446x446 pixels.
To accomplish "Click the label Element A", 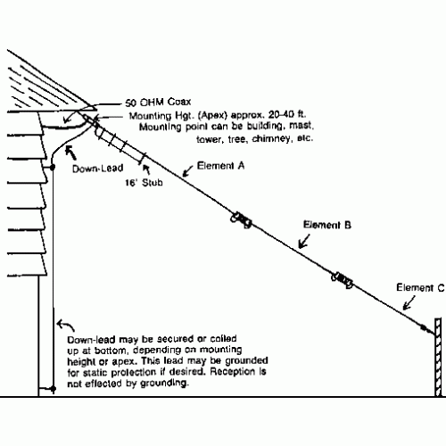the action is point(220,166).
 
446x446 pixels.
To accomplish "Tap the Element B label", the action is point(327,225).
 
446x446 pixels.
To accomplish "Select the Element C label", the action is point(420,287).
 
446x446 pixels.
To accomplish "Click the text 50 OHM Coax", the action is point(158,103).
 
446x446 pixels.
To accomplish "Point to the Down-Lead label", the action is point(98,169).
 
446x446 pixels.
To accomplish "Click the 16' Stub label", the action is point(144,182).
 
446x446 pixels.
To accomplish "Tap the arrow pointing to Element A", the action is point(188,171).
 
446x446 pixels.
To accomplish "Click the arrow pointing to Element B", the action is point(304,241).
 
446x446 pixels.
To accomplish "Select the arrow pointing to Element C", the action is point(409,303).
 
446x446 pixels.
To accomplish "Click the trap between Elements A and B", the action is point(241,220).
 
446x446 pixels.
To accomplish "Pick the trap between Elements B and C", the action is point(343,280).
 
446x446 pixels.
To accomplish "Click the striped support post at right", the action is point(438,357).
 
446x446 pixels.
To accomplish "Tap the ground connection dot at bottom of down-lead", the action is point(54,388).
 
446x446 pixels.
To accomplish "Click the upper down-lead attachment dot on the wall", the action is point(53,168).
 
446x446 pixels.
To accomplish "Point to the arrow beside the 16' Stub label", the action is point(146,169).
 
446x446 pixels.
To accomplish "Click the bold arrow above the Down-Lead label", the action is point(70,153).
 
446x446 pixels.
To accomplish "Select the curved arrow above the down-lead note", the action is point(65,325).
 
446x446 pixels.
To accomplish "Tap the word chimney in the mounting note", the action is point(271,139).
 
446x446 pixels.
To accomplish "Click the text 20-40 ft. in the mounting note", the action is point(287,114).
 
